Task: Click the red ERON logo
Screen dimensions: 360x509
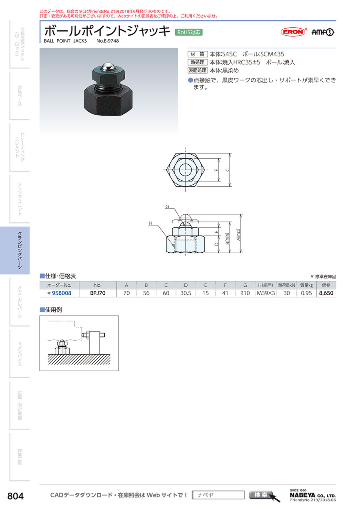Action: pos(294,32)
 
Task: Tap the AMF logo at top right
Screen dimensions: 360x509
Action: pos(322,32)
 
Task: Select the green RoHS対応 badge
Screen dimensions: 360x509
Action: pos(189,32)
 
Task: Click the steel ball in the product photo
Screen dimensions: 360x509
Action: pos(108,67)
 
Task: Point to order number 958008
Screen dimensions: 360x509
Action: pos(62,293)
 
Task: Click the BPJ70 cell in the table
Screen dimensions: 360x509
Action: pos(98,293)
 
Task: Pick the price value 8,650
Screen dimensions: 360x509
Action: pos(326,293)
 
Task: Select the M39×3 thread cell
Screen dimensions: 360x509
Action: pos(266,293)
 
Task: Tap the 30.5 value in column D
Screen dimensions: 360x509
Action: pos(186,293)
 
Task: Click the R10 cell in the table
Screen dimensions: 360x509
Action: pos(245,293)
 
